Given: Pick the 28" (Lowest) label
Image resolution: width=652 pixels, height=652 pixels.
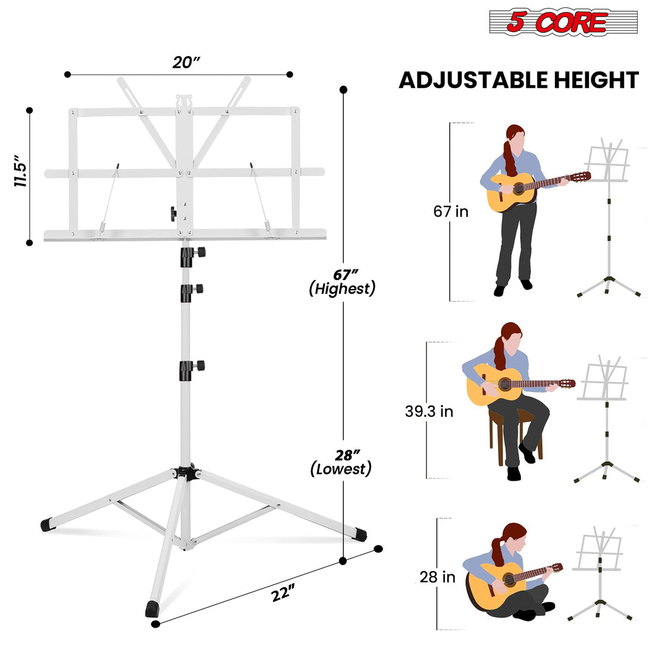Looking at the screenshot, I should coord(341,462).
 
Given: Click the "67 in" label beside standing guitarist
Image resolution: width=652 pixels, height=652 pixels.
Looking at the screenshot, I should coord(450,211).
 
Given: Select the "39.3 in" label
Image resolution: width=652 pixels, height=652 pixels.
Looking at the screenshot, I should coord(429,411).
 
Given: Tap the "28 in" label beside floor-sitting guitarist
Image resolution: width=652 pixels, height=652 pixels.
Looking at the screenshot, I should coord(437,576).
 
